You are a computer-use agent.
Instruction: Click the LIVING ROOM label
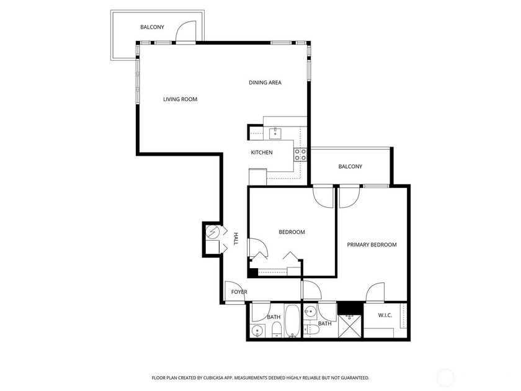tap(180, 99)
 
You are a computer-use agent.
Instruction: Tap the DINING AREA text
tap(265, 83)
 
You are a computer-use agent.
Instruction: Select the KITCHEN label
tap(261, 153)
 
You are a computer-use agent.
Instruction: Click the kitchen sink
tap(275, 133)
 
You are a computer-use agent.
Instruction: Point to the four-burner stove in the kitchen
tap(300, 155)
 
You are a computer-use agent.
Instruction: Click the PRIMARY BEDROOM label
tap(371, 245)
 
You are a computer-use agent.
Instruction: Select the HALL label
tap(236, 239)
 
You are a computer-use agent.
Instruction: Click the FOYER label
tap(239, 292)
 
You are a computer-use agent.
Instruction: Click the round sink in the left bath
tap(256, 330)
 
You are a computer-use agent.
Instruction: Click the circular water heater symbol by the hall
tap(213, 232)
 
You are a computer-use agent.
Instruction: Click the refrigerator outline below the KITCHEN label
tap(257, 176)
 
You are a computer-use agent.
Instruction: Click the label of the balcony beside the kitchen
tap(350, 166)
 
